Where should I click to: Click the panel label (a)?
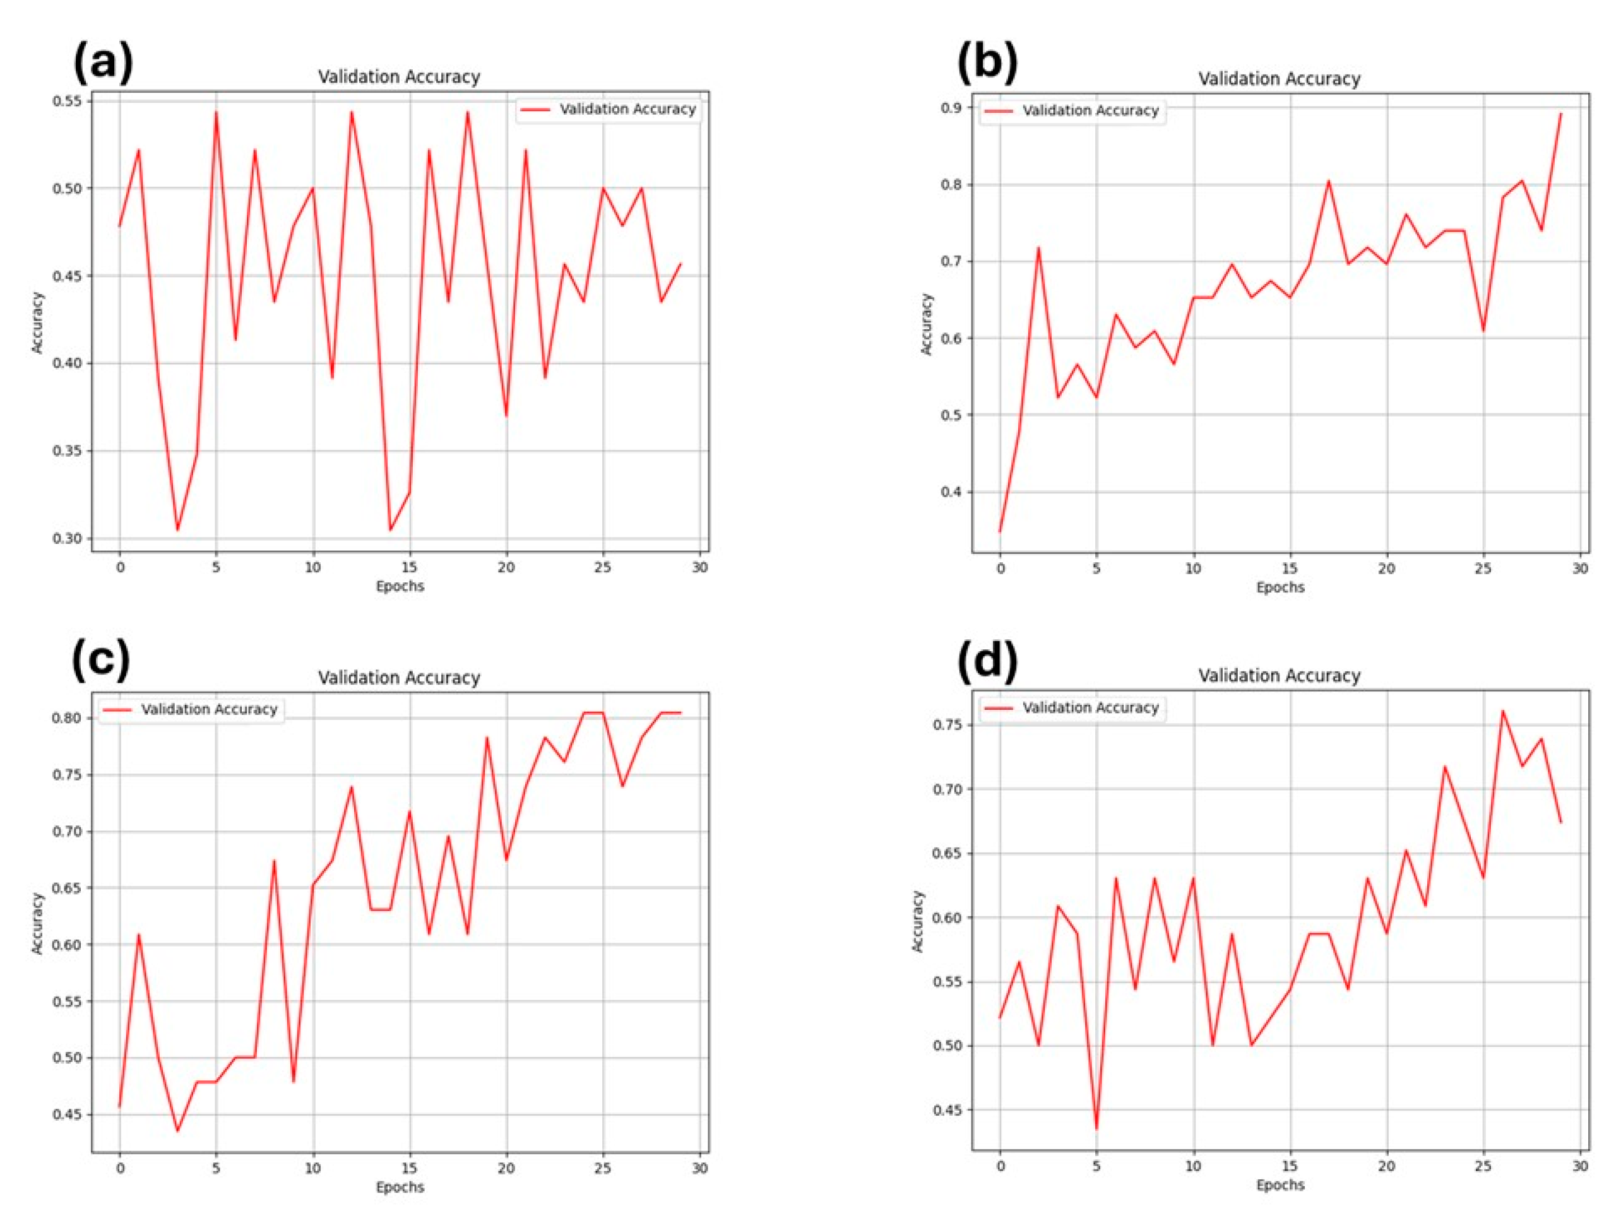[x=104, y=62]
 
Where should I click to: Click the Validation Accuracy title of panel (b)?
[x=1279, y=78]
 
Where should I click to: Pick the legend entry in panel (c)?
[x=191, y=709]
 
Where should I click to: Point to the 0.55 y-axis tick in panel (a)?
[x=67, y=101]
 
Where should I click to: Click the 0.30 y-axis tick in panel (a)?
[x=67, y=538]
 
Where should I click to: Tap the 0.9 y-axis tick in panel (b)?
[x=951, y=108]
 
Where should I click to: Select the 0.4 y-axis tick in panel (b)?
[x=951, y=492]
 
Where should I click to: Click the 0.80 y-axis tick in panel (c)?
[x=67, y=718]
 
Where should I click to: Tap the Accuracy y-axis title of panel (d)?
[x=918, y=921]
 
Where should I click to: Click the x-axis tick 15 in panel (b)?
[x=1290, y=569]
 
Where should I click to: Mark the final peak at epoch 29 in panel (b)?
[x=1561, y=114]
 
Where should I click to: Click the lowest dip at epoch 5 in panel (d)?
[x=1097, y=1129]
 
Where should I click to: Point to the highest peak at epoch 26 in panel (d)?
[x=1503, y=711]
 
